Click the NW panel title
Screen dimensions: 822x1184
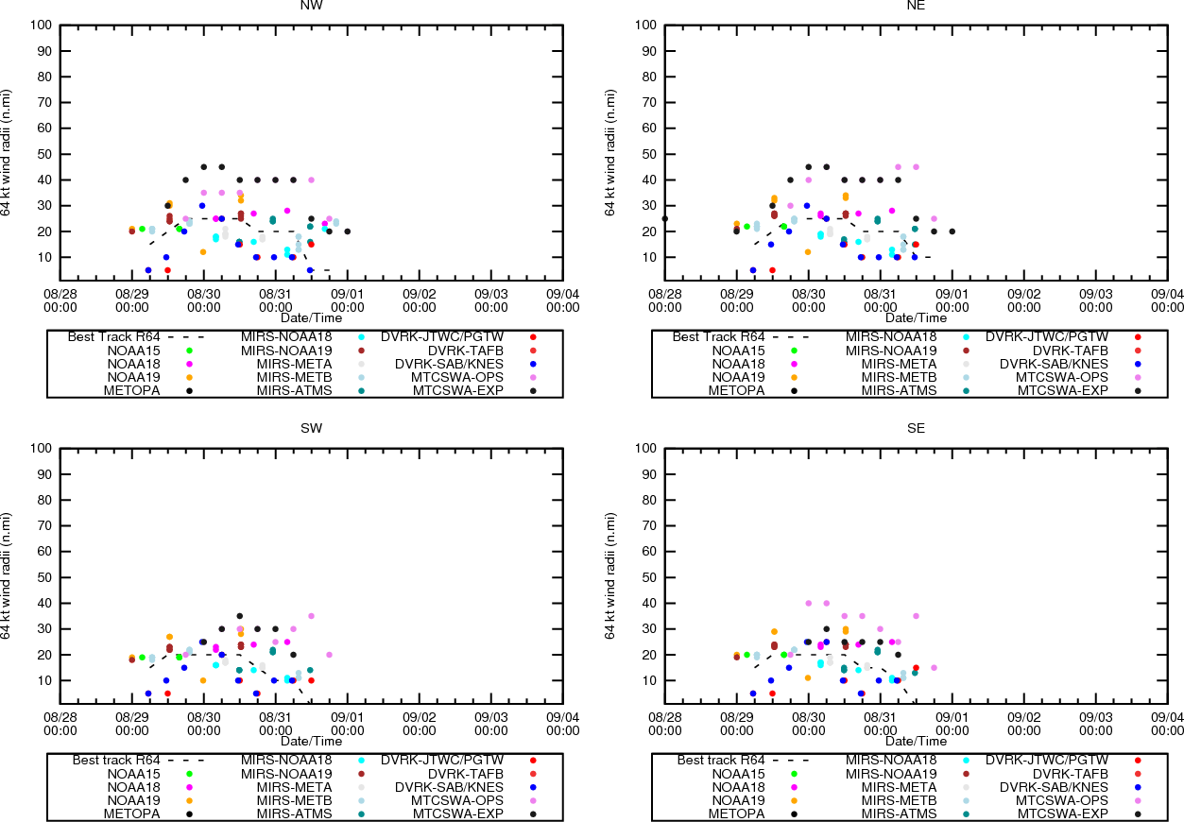tap(311, 5)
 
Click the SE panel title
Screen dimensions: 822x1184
tap(916, 428)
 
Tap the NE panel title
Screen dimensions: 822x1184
tap(916, 5)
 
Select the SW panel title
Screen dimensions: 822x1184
tap(311, 428)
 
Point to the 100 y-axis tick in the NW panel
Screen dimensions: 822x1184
tap(42, 25)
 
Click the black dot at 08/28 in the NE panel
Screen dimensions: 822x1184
tap(665, 218)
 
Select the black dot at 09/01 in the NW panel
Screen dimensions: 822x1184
tap(348, 231)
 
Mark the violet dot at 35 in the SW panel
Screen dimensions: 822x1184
tap(311, 616)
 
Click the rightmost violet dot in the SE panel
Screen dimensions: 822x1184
tap(934, 668)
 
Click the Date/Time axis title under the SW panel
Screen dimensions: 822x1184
tap(311, 741)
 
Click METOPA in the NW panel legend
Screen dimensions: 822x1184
tap(132, 390)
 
